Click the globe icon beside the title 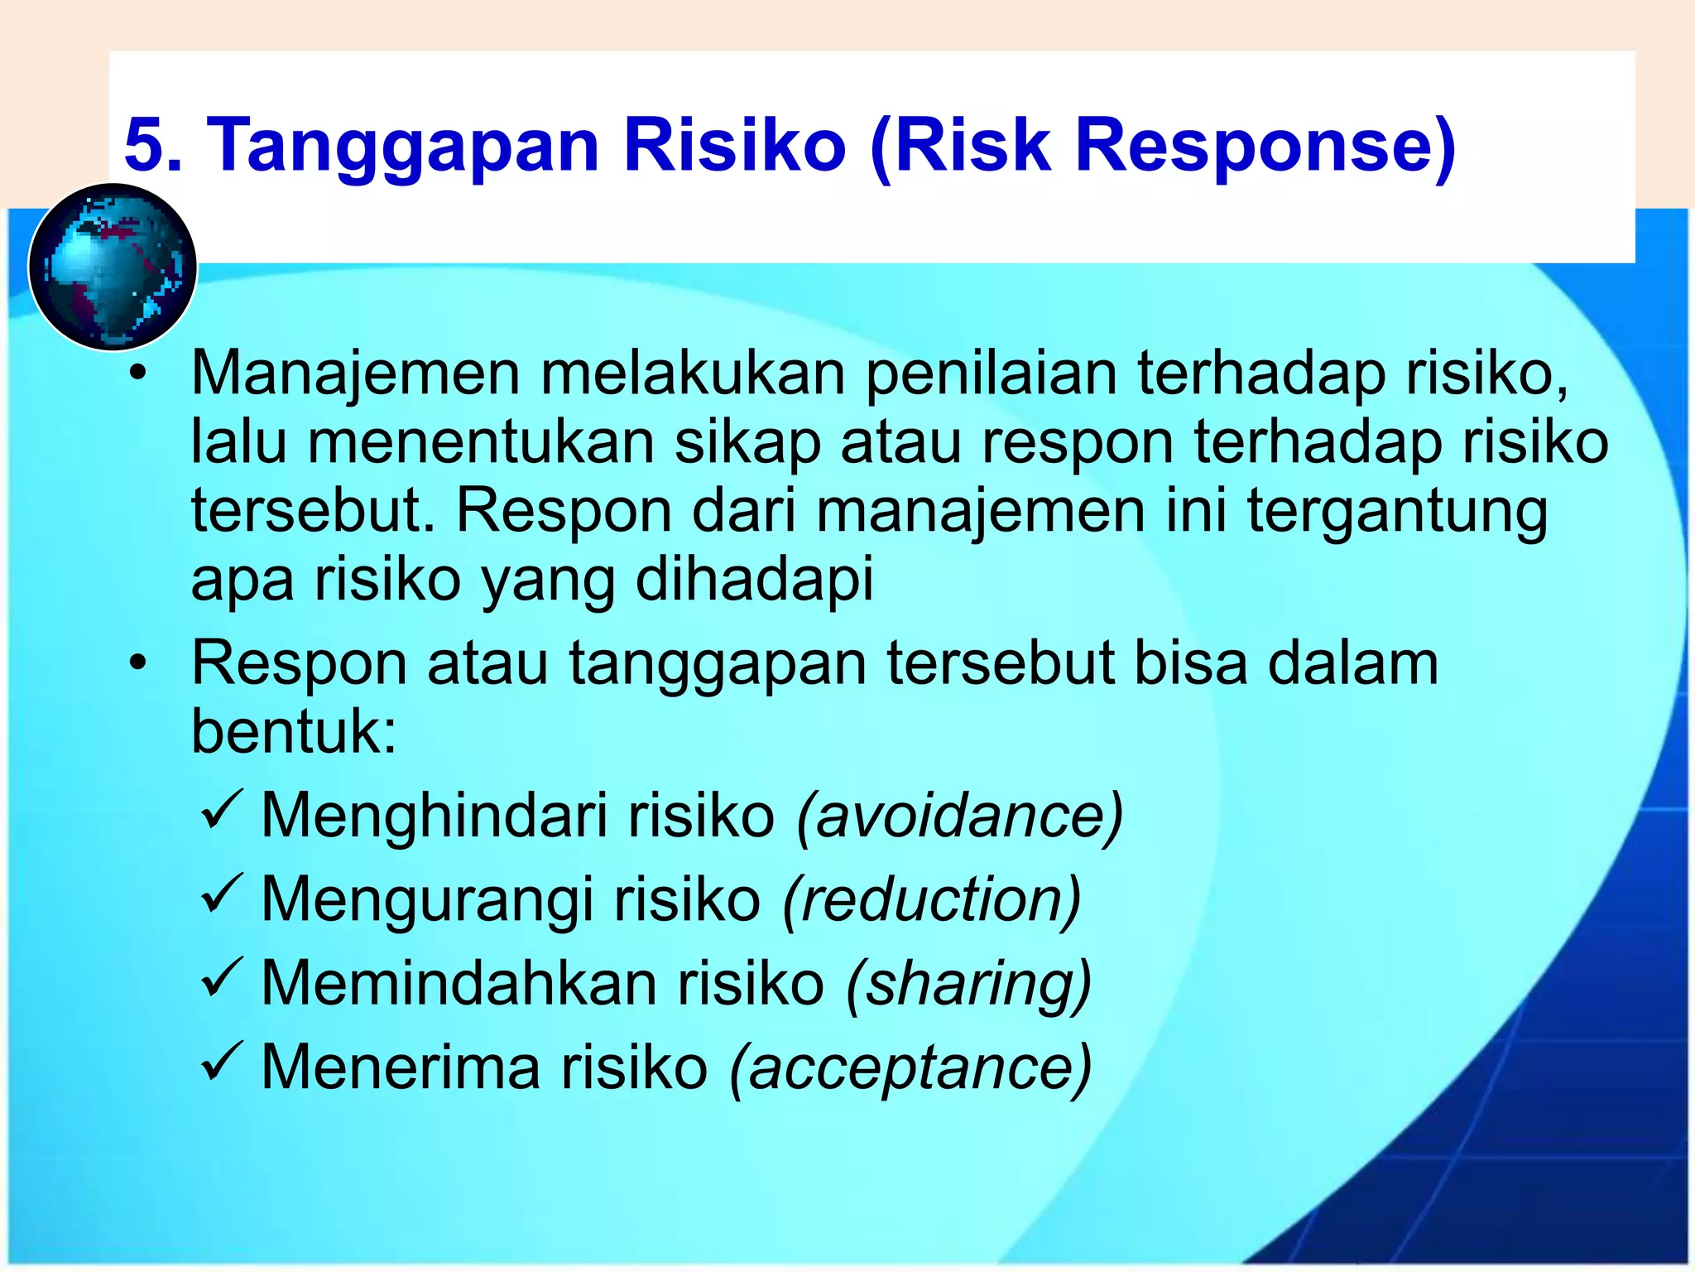pyautogui.click(x=113, y=267)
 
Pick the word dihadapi pyautogui.click(x=754, y=580)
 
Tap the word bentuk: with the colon pyautogui.click(x=295, y=731)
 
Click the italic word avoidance pyautogui.click(x=959, y=817)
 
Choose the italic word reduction pyautogui.click(x=932, y=900)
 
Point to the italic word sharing pyautogui.click(x=968, y=985)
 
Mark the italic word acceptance pyautogui.click(x=910, y=1068)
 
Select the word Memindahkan pyautogui.click(x=459, y=984)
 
